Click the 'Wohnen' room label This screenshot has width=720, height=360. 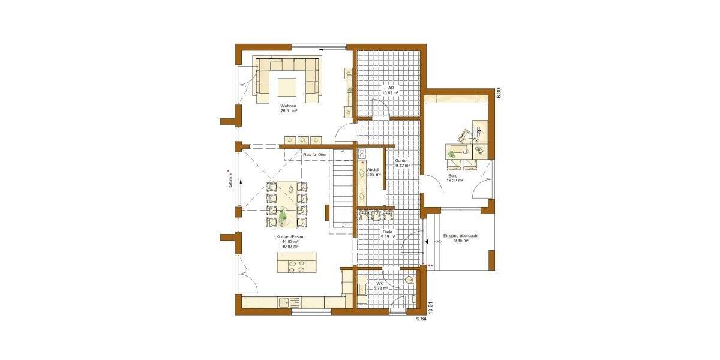288,106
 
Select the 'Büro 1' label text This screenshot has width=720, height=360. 454,175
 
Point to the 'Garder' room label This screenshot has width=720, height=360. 401,161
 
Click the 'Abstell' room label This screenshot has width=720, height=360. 373,170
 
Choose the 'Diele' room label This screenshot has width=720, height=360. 387,232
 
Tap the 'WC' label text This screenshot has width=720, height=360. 380,283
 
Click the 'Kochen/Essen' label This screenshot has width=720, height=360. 290,237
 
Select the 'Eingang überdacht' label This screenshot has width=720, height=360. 461,236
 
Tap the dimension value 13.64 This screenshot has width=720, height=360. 430,308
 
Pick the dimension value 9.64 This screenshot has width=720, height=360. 422,319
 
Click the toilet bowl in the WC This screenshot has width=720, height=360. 410,280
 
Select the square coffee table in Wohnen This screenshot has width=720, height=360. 287,86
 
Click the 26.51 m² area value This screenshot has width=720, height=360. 288,111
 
